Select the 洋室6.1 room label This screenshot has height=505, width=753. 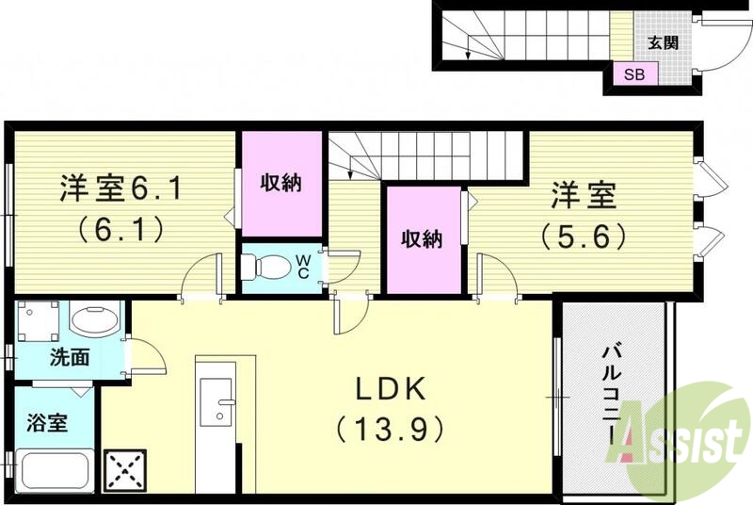pyautogui.click(x=120, y=189)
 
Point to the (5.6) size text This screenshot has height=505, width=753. pyautogui.click(x=584, y=236)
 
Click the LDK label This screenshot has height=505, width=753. pyautogui.click(x=391, y=389)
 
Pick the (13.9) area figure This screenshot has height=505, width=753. pyautogui.click(x=389, y=431)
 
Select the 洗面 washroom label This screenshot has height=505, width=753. pyautogui.click(x=70, y=357)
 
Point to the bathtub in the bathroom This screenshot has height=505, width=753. pyautogui.click(x=53, y=471)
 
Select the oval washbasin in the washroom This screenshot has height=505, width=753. pyautogui.click(x=93, y=321)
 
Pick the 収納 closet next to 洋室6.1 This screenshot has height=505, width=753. pyautogui.click(x=280, y=183)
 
